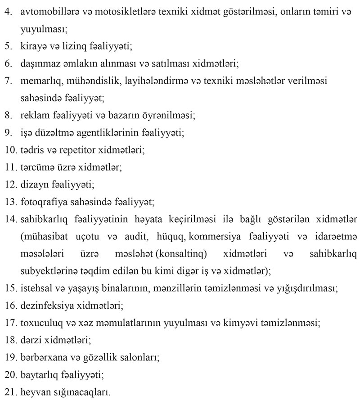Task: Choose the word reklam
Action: (33, 115)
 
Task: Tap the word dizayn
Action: (33, 184)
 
